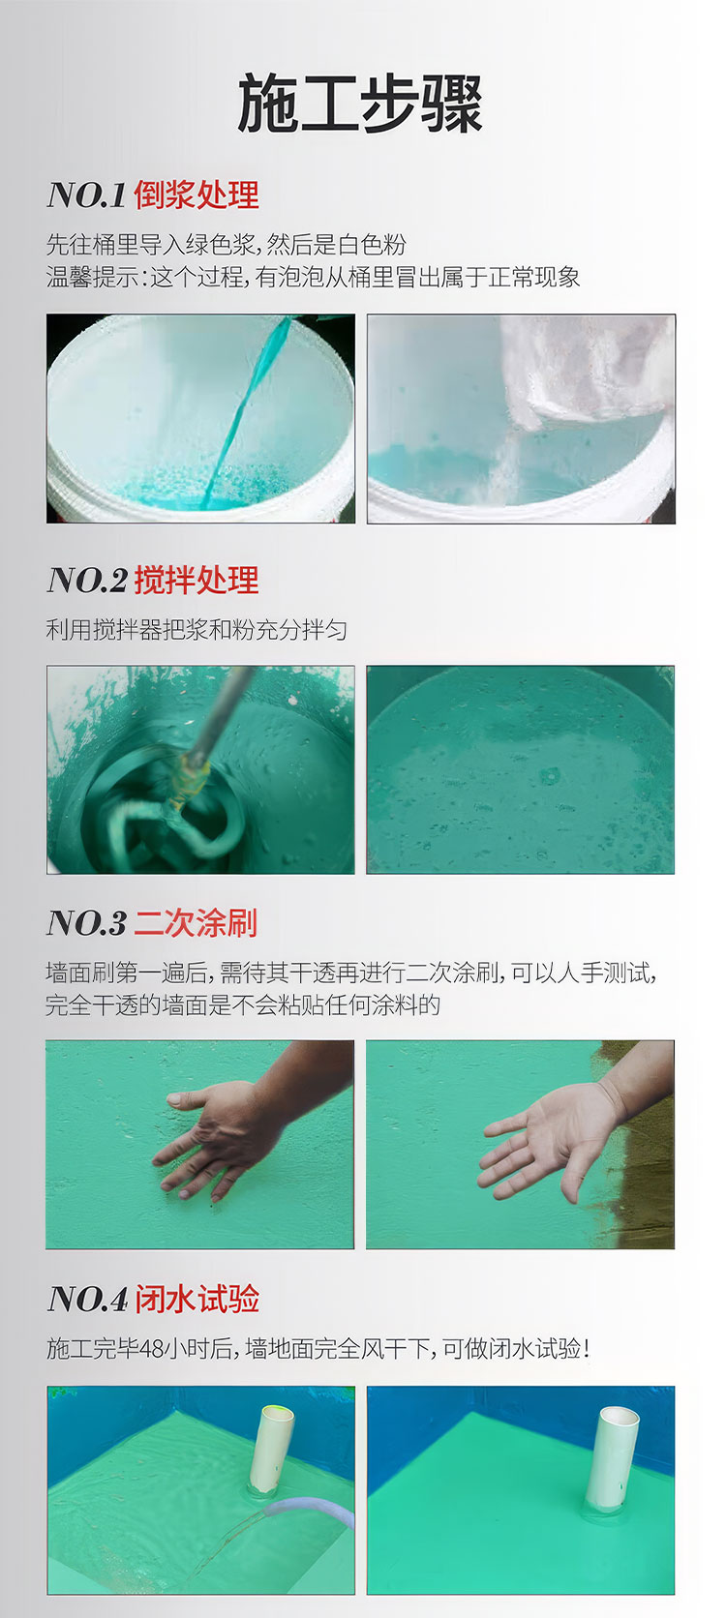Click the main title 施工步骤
point(360,104)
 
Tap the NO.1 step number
point(87,195)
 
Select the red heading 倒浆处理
point(197,195)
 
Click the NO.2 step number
point(87,581)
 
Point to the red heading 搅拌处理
point(197,580)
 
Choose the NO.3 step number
point(87,923)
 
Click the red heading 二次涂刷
point(196,922)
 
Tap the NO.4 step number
point(87,1299)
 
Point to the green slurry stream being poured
point(246,411)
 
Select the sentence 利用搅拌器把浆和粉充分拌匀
point(197,629)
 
